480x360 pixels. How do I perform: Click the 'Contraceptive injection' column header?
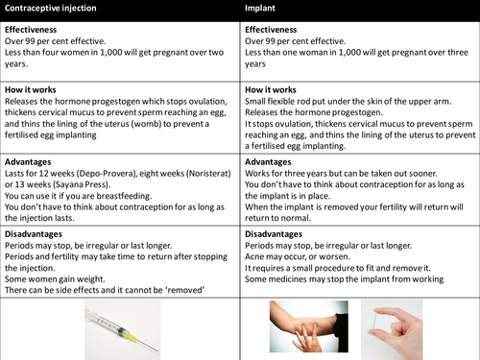51,8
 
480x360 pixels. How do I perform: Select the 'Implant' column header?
260,8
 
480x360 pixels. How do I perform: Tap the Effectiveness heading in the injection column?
31,30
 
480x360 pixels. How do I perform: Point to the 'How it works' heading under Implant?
271,90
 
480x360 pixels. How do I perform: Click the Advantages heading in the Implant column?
268,162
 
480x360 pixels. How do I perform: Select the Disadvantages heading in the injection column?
34,234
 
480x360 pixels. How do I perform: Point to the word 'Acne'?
253,256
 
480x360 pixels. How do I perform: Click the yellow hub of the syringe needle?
131,336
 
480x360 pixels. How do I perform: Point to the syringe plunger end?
88,315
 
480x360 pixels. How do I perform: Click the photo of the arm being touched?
309,326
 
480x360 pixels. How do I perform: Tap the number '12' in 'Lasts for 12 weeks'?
43,174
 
